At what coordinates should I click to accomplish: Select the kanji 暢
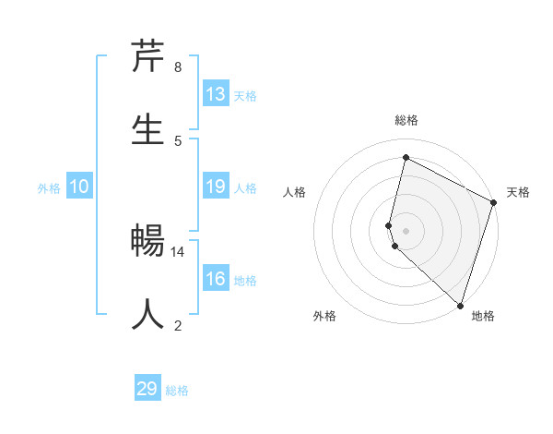148,241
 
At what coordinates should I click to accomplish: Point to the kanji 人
148,315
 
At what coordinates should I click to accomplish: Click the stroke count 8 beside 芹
177,67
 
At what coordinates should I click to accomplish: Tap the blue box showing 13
216,94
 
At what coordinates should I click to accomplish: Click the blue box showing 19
216,187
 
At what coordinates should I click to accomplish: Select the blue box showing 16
216,279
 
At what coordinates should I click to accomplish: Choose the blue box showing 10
79,187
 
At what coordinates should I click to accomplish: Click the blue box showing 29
147,389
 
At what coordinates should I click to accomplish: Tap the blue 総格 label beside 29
178,391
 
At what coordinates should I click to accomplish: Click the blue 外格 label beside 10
49,188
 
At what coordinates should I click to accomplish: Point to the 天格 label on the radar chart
518,192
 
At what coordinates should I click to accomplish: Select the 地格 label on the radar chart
483,316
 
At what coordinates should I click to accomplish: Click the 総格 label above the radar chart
406,120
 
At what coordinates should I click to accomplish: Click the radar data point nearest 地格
460,305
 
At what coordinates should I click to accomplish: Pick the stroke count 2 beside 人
177,325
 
